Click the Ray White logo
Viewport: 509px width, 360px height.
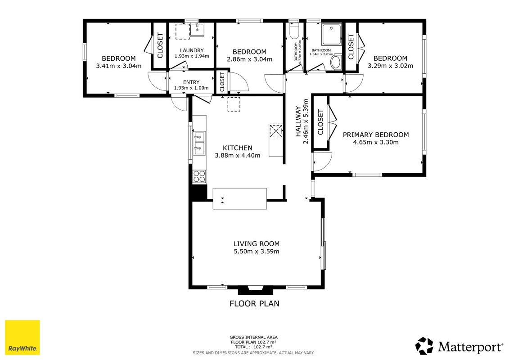pos(23,337)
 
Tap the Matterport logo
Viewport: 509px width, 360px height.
pos(459,346)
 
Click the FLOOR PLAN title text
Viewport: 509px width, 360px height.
pos(255,303)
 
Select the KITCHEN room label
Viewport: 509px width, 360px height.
pos(237,148)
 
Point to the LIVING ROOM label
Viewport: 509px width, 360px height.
pos(257,244)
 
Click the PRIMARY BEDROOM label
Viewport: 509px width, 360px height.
pos(376,135)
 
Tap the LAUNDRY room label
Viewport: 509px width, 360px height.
pos(192,50)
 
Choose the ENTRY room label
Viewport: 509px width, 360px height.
pos(191,82)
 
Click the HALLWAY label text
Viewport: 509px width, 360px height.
pos(298,121)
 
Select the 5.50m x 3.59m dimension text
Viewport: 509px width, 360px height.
pos(257,251)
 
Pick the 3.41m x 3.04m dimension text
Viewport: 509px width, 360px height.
pos(119,66)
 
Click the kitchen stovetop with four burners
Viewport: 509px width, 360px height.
pos(199,176)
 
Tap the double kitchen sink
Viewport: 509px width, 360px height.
pos(199,143)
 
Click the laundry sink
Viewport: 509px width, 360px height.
pos(197,30)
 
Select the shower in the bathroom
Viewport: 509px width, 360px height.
pos(331,34)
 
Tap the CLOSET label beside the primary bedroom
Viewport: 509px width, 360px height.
pos(321,122)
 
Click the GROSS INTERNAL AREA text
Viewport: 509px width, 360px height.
pos(253,337)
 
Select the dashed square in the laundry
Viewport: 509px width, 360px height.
pos(183,31)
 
